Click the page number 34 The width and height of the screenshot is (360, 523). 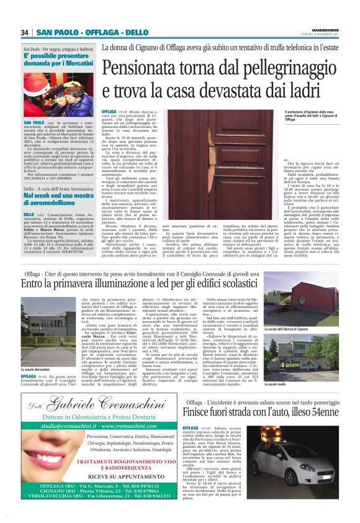coord(25,32)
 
